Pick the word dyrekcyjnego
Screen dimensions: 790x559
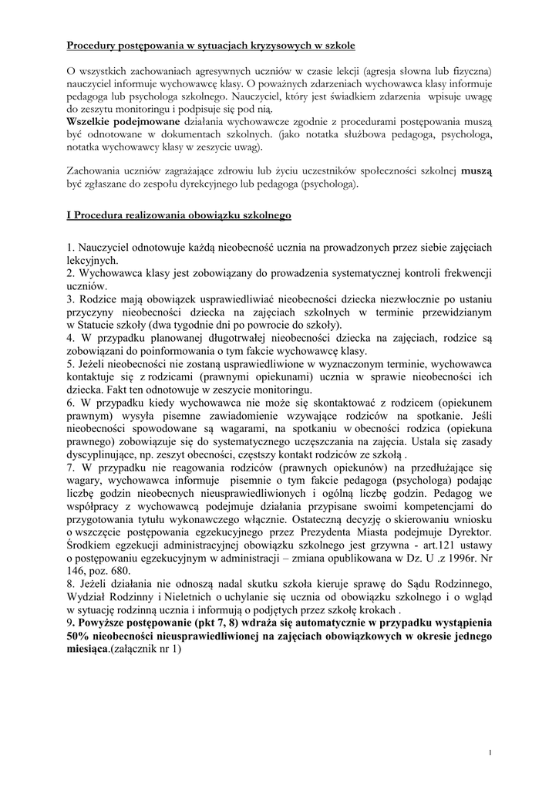[x=221, y=185]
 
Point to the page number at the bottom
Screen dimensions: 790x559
[x=490, y=752]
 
